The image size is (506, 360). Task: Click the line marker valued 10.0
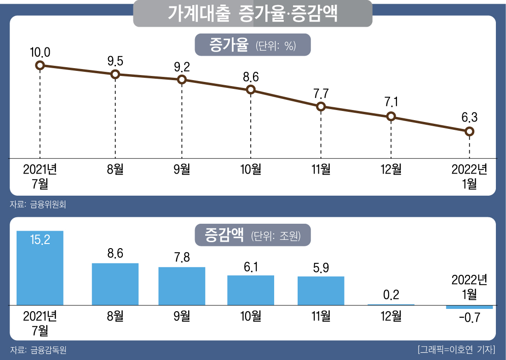pyautogui.click(x=40, y=65)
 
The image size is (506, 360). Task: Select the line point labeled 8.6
pyautogui.click(x=251, y=89)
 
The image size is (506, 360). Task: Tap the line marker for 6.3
pyautogui.click(x=469, y=132)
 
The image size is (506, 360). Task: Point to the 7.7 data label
pyautogui.click(x=321, y=93)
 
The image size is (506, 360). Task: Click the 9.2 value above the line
pyautogui.click(x=182, y=67)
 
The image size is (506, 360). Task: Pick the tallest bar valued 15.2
pyautogui.click(x=40, y=268)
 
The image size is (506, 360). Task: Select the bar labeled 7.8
pyautogui.click(x=182, y=286)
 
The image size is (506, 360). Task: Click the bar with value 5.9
pyautogui.click(x=321, y=290)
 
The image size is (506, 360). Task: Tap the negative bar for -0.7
pyautogui.click(x=469, y=307)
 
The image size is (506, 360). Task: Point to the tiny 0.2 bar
pyautogui.click(x=391, y=304)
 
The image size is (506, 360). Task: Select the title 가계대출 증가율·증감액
pyautogui.click(x=253, y=14)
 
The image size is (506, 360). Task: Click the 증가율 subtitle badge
pyautogui.click(x=253, y=46)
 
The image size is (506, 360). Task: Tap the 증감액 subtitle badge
pyautogui.click(x=253, y=236)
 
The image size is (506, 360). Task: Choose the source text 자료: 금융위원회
pyautogui.click(x=38, y=204)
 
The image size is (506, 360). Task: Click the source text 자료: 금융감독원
pyautogui.click(x=38, y=350)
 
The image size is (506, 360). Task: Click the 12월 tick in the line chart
pyautogui.click(x=391, y=169)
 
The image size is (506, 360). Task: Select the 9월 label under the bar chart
pyautogui.click(x=182, y=316)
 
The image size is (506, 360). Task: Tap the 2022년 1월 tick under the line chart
pyautogui.click(x=469, y=176)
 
